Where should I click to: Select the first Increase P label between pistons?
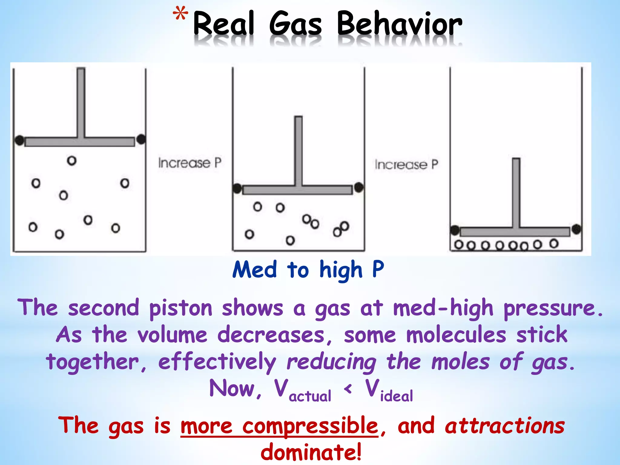190,163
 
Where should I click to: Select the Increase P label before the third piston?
406,165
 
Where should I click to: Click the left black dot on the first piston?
19,140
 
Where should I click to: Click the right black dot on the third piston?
576,229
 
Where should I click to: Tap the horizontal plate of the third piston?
515,232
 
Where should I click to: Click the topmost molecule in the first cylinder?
72,160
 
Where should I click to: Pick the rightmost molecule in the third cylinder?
554,243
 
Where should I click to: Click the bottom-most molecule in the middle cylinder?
290,240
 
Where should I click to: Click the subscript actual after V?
310,396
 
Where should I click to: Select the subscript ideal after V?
396,396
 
